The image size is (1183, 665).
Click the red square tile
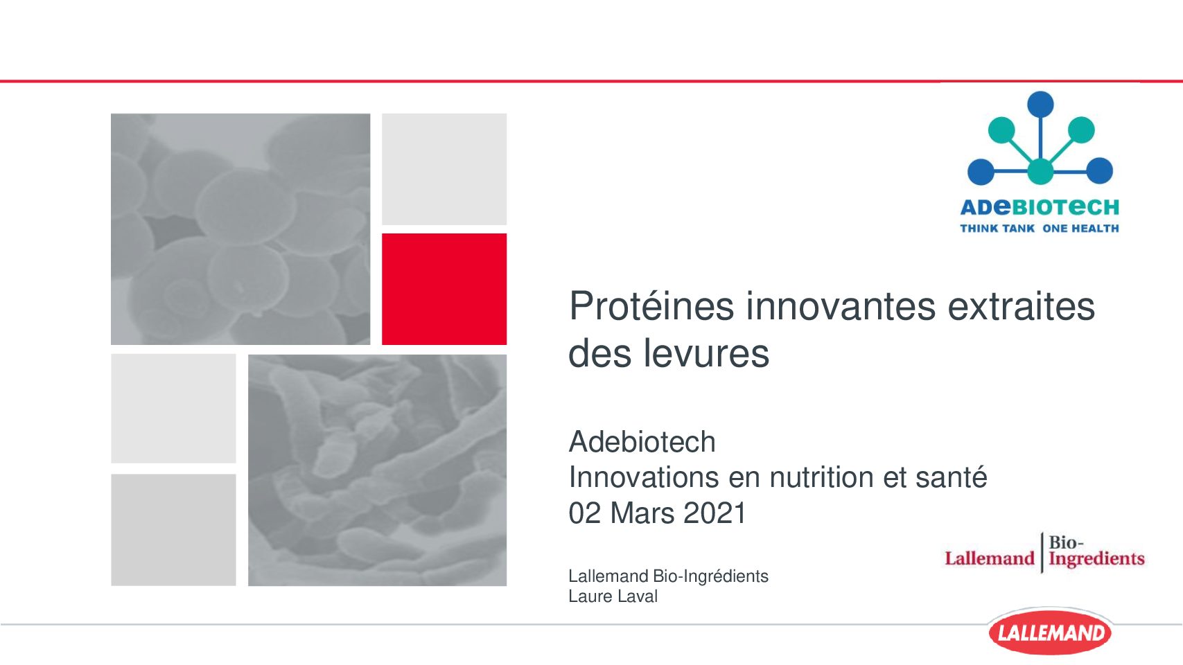tap(444, 290)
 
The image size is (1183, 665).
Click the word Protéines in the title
tap(651, 307)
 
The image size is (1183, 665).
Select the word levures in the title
tap(706, 353)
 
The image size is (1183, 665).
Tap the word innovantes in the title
tap(841, 307)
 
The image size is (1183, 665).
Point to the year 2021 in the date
tap(715, 513)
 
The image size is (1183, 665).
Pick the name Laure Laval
tap(613, 596)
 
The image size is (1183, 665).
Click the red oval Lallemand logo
tap(1050, 632)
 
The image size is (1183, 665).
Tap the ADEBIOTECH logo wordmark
tap(1040, 207)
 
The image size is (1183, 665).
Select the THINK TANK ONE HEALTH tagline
tap(1040, 229)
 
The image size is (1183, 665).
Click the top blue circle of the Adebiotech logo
tap(1040, 105)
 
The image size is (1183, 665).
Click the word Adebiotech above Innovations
tap(642, 442)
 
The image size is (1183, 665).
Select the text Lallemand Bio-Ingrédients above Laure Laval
tap(668, 576)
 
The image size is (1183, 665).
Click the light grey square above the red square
tap(444, 170)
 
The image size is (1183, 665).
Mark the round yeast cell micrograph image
tap(240, 229)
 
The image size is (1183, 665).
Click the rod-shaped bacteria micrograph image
tap(377, 470)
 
